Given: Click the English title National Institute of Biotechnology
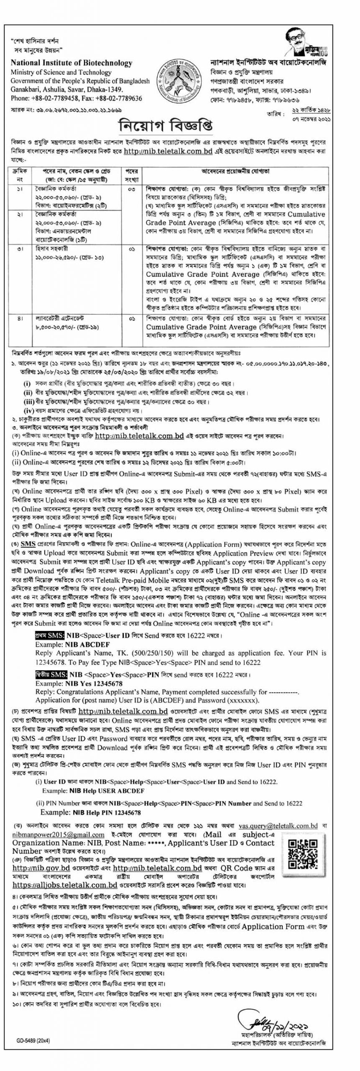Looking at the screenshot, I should click(x=71, y=63).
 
